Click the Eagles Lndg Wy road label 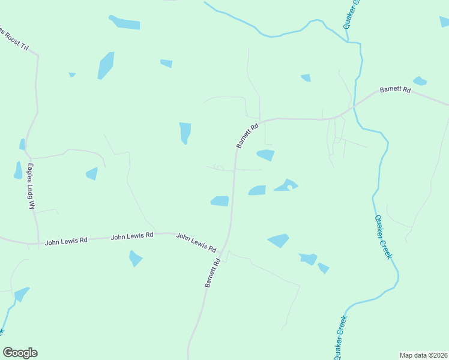coord(31,186)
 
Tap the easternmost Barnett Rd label coord(395,90)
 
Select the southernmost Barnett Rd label coord(212,273)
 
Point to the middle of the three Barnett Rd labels coord(247,136)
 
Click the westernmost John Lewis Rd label coord(66,240)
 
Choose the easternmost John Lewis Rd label coord(196,242)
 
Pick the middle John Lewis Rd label coord(132,237)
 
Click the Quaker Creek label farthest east coord(384,236)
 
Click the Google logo coord(20,353)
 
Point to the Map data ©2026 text coord(423,355)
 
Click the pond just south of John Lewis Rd coord(135,259)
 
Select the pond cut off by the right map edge coord(444,22)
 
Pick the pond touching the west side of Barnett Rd coord(220,201)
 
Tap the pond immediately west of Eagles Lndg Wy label coord(17,171)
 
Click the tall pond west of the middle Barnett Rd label coord(185,133)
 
